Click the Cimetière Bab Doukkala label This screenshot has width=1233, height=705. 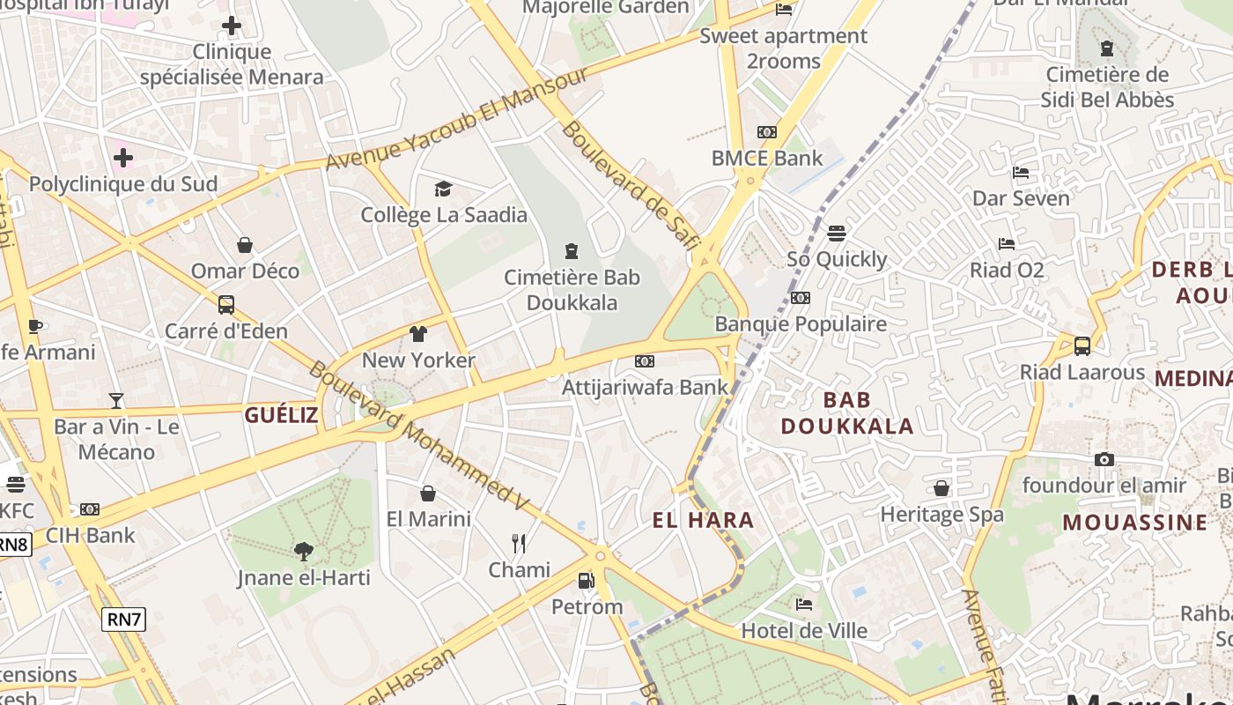click(x=572, y=290)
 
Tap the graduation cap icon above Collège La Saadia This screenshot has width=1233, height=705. click(x=443, y=189)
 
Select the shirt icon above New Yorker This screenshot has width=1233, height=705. click(x=417, y=334)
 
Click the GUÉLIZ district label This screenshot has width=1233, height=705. click(x=281, y=415)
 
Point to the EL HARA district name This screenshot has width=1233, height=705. click(x=703, y=520)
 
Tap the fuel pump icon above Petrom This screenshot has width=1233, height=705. click(x=586, y=581)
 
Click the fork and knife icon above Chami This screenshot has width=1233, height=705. click(x=519, y=544)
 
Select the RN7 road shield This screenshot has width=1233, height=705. click(x=123, y=620)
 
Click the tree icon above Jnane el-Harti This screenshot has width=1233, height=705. click(x=304, y=553)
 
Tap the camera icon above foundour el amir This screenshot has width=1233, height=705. click(x=1104, y=459)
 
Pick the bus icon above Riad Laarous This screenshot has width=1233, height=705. click(x=1082, y=346)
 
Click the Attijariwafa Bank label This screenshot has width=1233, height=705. click(x=646, y=386)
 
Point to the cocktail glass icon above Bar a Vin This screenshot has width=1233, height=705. click(x=116, y=401)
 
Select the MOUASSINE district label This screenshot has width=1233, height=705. click(x=1135, y=522)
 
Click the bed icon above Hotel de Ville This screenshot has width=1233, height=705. click(x=803, y=605)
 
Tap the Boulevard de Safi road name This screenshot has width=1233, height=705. click(x=630, y=186)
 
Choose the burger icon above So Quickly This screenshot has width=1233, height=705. click(x=836, y=234)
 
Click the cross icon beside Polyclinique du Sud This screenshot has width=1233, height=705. click(x=123, y=159)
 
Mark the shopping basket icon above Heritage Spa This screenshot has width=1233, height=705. click(x=941, y=488)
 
